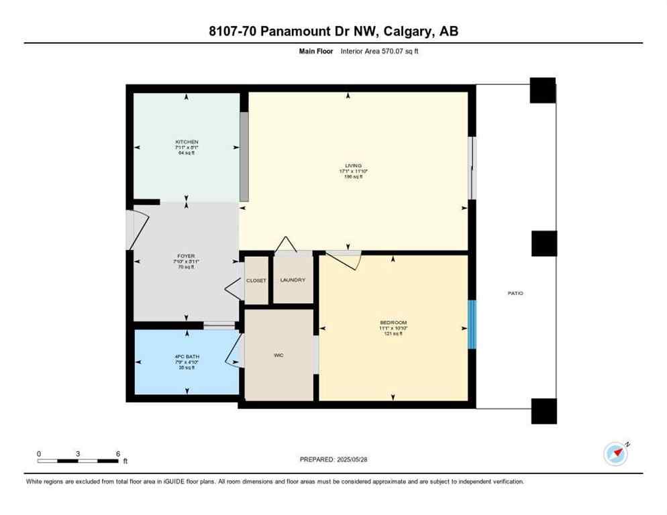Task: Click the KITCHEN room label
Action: point(186,142)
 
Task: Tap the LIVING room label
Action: point(354,166)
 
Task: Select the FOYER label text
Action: point(186,255)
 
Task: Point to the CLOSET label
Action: point(256,280)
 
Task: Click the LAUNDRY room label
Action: point(293,280)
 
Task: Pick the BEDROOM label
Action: point(393,323)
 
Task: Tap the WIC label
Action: point(279,355)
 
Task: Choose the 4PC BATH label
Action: point(186,356)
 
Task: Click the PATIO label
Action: point(515,294)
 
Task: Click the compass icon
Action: point(615,454)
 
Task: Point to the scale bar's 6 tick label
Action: point(118,453)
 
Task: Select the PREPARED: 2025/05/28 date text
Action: point(333,459)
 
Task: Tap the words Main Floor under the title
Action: point(315,51)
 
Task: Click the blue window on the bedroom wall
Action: point(472,324)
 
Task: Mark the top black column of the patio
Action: point(542,90)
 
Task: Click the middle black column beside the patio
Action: point(544,243)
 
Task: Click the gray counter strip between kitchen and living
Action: point(244,156)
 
